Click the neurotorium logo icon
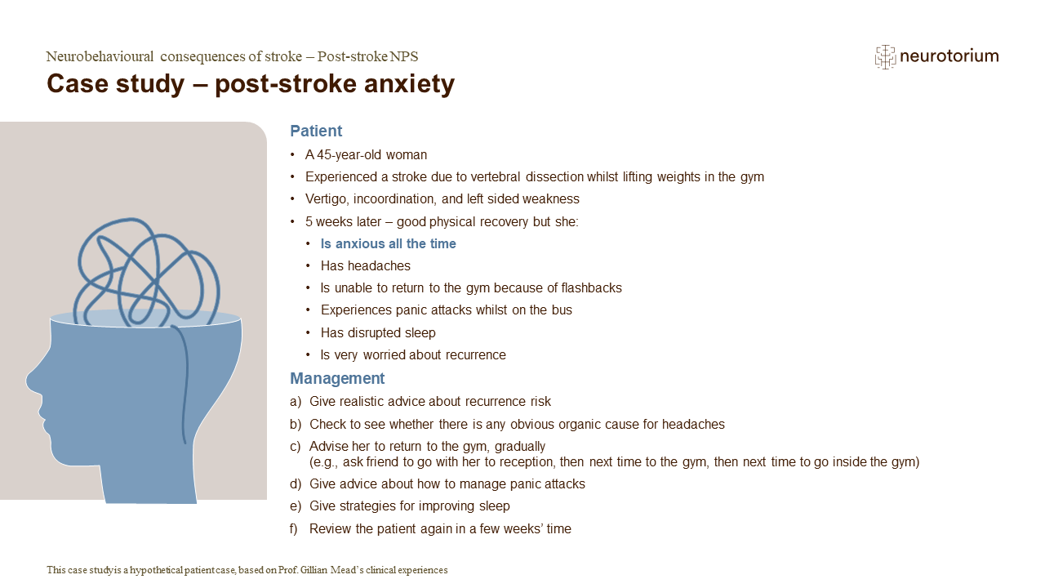click(885, 57)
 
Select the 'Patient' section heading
click(316, 131)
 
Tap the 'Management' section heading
click(337, 378)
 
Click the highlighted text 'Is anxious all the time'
click(388, 243)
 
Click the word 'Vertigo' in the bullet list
click(327, 198)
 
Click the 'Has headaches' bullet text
click(365, 265)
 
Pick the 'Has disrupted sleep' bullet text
click(378, 332)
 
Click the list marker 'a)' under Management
click(296, 401)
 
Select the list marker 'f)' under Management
click(293, 528)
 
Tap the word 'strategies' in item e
click(370, 506)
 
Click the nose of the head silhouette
click(32, 381)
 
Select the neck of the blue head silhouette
click(149, 481)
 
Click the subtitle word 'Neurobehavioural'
click(100, 56)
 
